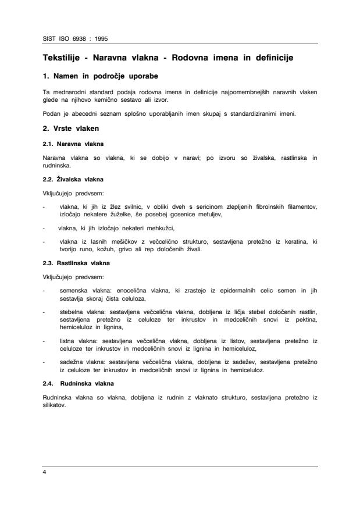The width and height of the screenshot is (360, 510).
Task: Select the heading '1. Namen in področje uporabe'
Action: coord(101,77)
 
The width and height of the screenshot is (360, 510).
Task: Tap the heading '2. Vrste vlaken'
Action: coord(72,127)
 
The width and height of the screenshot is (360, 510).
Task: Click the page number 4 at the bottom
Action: coord(44,472)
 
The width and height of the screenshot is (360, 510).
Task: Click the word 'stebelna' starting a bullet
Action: coord(72,311)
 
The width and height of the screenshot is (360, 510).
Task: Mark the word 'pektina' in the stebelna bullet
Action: coord(306,319)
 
